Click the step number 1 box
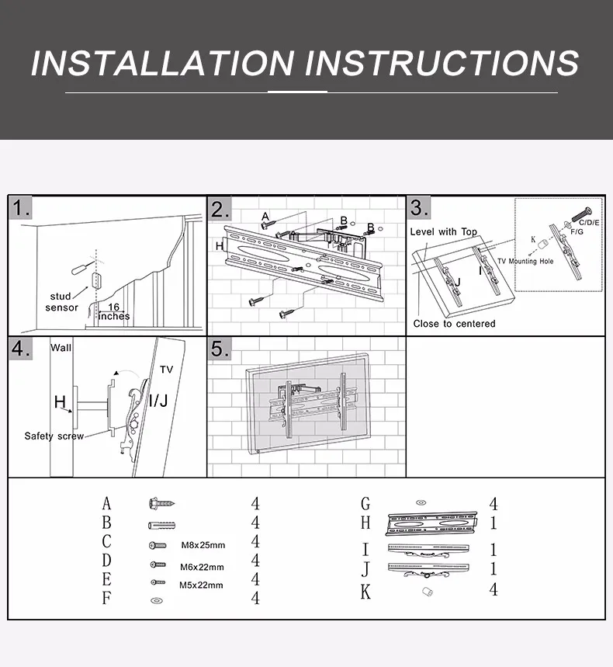(20, 208)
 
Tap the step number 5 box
(220, 349)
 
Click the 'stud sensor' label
(61, 301)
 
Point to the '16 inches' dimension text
(114, 312)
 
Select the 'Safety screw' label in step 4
(54, 436)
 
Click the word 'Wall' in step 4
(61, 348)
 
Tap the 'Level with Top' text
(443, 232)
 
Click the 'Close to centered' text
(455, 324)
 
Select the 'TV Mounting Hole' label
(525, 261)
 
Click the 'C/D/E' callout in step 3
(589, 223)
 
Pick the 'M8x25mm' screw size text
(203, 545)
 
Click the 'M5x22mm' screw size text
(201, 585)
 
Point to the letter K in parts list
(365, 592)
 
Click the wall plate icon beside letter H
(431, 523)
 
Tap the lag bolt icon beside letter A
(162, 504)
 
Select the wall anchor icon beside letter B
(162, 526)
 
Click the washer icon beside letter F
(157, 601)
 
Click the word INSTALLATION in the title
(163, 63)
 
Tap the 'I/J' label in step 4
(158, 401)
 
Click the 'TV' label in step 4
(167, 370)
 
